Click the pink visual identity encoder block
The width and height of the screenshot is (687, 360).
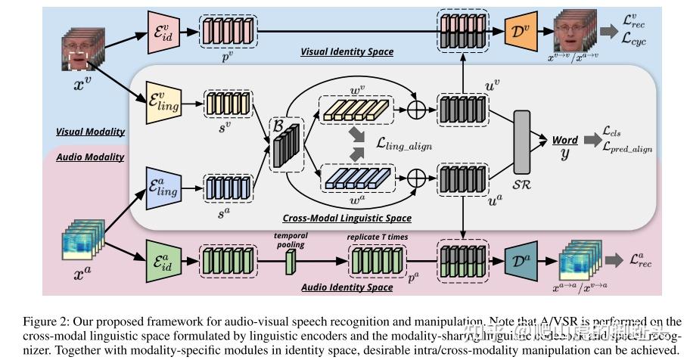pyautogui.click(x=163, y=31)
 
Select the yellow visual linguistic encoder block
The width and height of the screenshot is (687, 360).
pyautogui.click(x=164, y=105)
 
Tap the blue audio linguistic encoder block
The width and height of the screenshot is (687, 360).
pyautogui.click(x=164, y=189)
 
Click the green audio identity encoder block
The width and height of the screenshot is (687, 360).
pyautogui.click(x=163, y=262)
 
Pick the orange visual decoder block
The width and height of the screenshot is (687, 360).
pyautogui.click(x=516, y=33)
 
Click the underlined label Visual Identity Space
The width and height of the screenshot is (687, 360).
pyautogui.click(x=347, y=52)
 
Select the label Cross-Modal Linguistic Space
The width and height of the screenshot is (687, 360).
pyautogui.click(x=347, y=218)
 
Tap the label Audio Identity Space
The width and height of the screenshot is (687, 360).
pyautogui.click(x=347, y=287)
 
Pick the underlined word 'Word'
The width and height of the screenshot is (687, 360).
pyautogui.click(x=565, y=141)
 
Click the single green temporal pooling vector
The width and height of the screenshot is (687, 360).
pyautogui.click(x=289, y=263)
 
